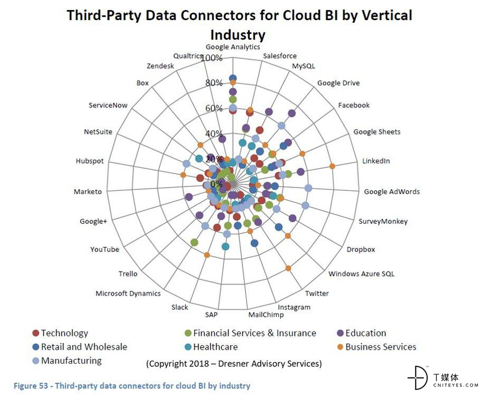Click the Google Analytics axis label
click(x=232, y=47)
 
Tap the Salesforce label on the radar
click(x=280, y=56)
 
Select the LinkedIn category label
click(x=376, y=161)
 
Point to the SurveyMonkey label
click(x=383, y=221)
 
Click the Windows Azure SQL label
click(x=361, y=274)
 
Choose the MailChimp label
click(x=266, y=315)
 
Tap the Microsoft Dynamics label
click(x=128, y=294)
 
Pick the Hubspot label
click(x=90, y=161)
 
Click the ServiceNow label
click(x=108, y=105)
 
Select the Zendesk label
click(x=160, y=66)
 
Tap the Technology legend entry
click(x=64, y=333)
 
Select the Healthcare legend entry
click(x=215, y=347)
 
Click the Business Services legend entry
click(x=380, y=347)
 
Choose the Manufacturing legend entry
click(x=71, y=361)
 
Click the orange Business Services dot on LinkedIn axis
click(x=332, y=166)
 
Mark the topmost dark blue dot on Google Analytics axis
click(x=232, y=78)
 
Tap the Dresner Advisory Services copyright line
click(x=234, y=363)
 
